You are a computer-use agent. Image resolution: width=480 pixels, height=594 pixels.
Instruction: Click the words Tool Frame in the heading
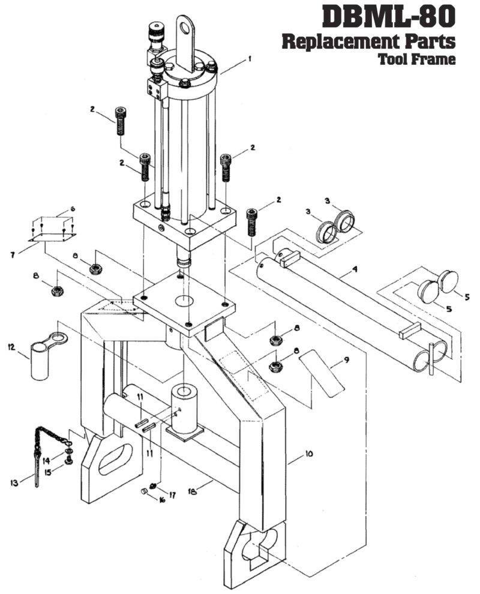point(416,59)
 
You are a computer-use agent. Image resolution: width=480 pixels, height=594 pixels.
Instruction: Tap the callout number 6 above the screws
point(72,208)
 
